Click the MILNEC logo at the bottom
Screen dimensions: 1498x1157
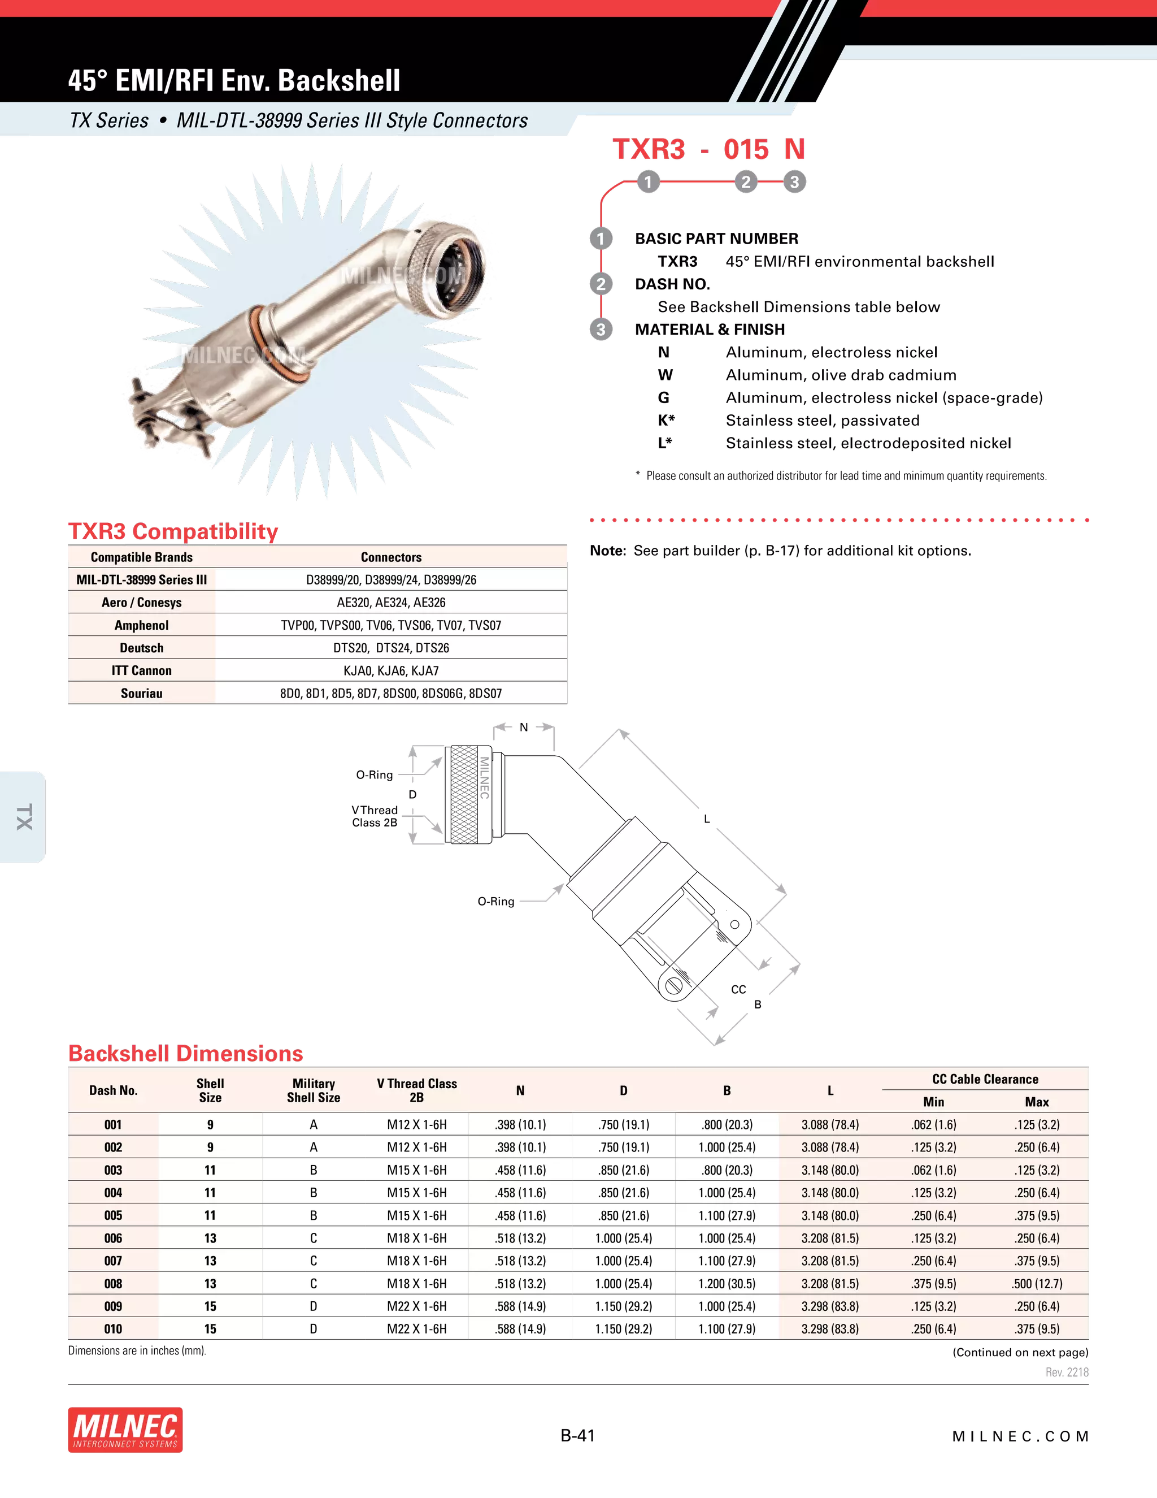125,1430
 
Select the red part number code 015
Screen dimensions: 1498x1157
746,150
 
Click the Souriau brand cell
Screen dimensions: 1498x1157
141,694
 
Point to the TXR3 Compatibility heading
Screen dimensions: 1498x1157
173,531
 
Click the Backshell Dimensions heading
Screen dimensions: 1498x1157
185,1054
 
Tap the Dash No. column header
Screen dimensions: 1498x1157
113,1090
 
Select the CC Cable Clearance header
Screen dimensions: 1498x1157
985,1080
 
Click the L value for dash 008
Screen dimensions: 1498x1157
830,1284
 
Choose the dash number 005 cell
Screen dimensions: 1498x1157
113,1215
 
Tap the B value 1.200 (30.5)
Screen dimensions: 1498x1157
727,1284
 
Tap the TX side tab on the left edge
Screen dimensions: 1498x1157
24,817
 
